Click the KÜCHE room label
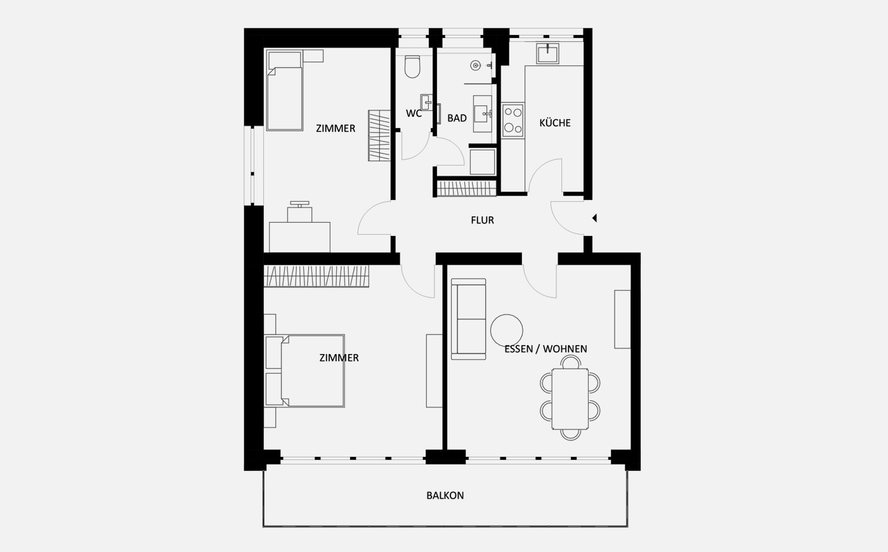coord(555,123)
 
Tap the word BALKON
coord(445,496)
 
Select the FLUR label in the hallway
coord(483,220)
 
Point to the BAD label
coord(457,118)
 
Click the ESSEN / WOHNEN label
coord(546,349)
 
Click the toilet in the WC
coord(412,67)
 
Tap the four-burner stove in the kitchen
coord(513,121)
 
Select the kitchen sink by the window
coord(547,53)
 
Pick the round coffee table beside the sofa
coord(507,330)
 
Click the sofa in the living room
coord(469,319)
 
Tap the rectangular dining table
coord(570,399)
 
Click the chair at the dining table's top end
coord(570,362)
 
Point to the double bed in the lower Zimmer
coord(304,371)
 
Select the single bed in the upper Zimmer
coord(285,90)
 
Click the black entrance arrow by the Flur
coord(594,218)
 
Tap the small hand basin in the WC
coord(426,102)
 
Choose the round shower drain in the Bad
coord(475,65)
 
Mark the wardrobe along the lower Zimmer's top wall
coord(317,276)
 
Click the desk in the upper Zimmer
coord(299,237)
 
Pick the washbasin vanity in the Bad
coord(483,114)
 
